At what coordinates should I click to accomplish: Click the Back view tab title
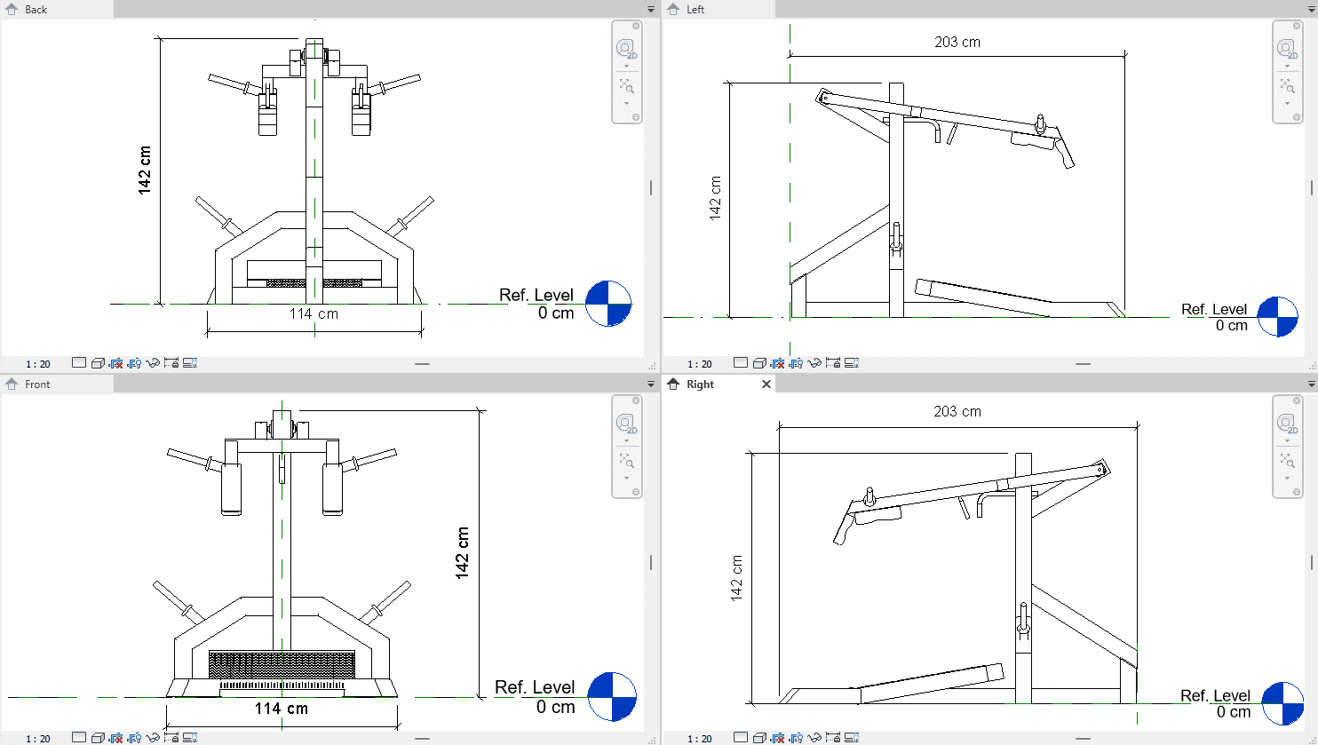tap(36, 10)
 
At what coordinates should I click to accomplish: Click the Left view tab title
tap(695, 10)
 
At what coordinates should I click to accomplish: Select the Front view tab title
tap(37, 384)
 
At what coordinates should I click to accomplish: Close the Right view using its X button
tap(766, 384)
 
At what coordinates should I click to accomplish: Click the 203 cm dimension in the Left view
tap(957, 43)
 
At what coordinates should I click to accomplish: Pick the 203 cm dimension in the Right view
tap(957, 411)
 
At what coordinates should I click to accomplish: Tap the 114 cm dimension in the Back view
tap(314, 313)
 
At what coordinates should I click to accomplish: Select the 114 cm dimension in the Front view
tap(282, 708)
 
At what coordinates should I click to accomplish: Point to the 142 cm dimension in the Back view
tap(145, 170)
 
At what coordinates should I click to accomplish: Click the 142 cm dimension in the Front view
tap(463, 552)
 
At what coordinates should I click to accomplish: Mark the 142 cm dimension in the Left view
tap(715, 198)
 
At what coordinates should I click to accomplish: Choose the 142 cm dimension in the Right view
tap(736, 578)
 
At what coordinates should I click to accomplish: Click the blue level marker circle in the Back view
tap(608, 304)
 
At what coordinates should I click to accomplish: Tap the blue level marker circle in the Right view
tap(1283, 703)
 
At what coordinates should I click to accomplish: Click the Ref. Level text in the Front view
tap(535, 686)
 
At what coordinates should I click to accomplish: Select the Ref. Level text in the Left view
tap(1214, 310)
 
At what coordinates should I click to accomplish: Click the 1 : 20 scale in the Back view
tap(38, 364)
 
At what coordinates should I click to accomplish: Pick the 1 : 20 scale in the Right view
tap(700, 739)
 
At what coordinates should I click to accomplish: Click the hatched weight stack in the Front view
tap(282, 664)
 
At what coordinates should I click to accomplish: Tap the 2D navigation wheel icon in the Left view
tap(1287, 49)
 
